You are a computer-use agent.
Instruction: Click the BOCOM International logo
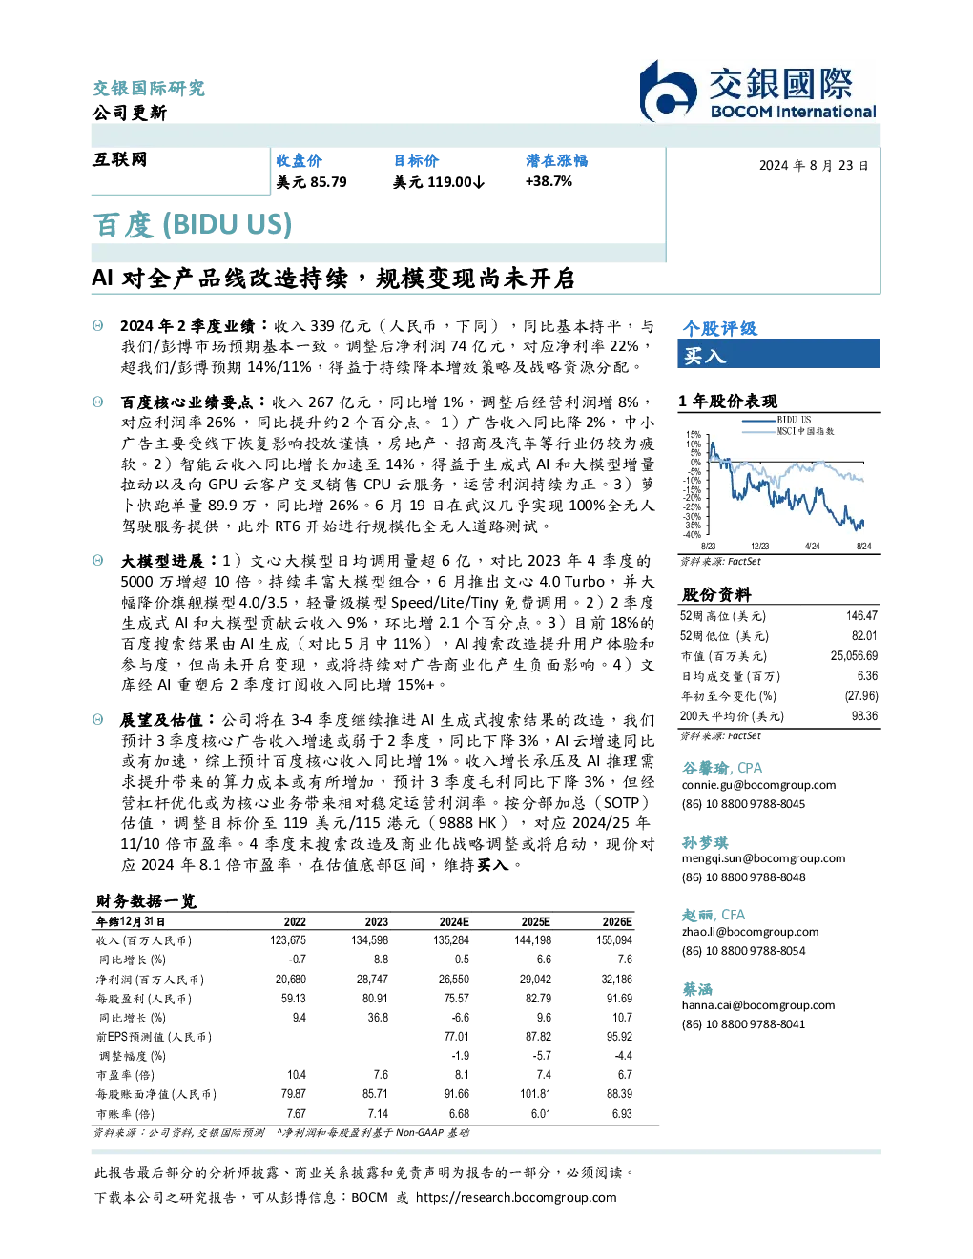pyautogui.click(x=758, y=91)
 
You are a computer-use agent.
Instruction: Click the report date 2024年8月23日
pyautogui.click(x=813, y=166)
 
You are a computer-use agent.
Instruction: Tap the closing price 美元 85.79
pyautogui.click(x=311, y=182)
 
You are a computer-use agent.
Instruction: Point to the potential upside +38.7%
pyautogui.click(x=549, y=181)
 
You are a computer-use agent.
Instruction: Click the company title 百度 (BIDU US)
pyautogui.click(x=193, y=225)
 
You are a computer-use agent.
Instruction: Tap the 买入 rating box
pyautogui.click(x=778, y=354)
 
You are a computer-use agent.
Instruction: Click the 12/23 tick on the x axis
pyautogui.click(x=759, y=546)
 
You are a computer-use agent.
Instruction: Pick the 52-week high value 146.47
pyautogui.click(x=861, y=615)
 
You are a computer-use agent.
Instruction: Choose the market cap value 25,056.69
pyautogui.click(x=854, y=655)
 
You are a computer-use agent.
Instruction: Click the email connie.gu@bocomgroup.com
pyautogui.click(x=758, y=785)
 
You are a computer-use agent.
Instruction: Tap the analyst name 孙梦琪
pyautogui.click(x=705, y=842)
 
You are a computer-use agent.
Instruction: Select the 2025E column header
pyautogui.click(x=535, y=921)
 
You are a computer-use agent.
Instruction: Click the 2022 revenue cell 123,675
pyautogui.click(x=288, y=940)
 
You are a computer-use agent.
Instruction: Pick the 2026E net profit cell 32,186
pyautogui.click(x=616, y=980)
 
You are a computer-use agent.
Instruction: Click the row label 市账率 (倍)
pyautogui.click(x=125, y=1114)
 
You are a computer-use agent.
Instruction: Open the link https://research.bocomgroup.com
pyautogui.click(x=516, y=1198)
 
